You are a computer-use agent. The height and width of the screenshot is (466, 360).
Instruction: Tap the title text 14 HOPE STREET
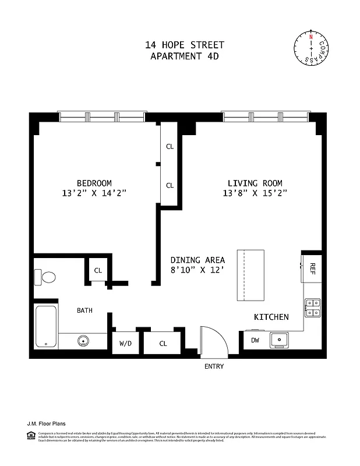184,45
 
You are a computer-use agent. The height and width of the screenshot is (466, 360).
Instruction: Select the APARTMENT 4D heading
184,56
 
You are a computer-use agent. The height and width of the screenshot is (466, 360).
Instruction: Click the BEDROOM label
94,182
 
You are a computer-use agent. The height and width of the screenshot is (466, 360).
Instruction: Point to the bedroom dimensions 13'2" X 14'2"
94,193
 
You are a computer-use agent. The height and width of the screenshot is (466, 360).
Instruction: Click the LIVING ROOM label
255,182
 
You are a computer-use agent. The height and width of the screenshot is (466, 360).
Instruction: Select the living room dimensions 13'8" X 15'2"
255,193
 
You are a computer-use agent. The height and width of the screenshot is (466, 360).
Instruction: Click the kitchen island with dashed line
250,275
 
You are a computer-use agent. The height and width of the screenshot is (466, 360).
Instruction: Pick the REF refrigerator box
312,268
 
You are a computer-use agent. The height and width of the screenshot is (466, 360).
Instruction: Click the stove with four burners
312,307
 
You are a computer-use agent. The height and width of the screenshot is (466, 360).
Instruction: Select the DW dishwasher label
255,340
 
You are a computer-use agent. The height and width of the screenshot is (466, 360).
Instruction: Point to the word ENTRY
214,366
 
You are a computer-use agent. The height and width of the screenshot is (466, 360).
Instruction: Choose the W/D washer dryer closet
126,343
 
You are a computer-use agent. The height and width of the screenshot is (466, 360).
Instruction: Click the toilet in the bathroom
45,277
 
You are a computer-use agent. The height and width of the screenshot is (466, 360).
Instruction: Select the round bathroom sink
83,341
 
